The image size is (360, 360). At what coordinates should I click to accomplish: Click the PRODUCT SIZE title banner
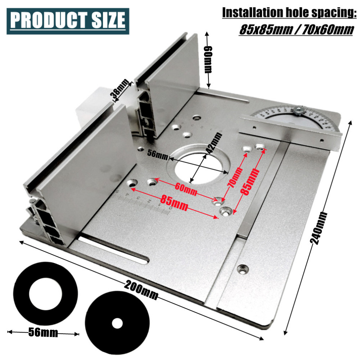coord(68,21)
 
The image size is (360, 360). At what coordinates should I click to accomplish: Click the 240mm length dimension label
coord(319,228)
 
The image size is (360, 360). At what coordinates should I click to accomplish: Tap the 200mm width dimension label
coord(141,291)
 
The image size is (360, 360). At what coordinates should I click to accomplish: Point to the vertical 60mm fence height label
coord(208,59)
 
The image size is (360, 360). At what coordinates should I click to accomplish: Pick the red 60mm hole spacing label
coord(186,189)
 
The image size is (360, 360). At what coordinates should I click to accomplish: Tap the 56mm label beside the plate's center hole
coord(158,154)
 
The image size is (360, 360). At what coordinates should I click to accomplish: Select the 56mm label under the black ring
coord(43,332)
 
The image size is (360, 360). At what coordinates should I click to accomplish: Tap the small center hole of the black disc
coord(117,323)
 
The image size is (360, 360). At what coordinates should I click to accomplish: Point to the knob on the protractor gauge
coord(299,111)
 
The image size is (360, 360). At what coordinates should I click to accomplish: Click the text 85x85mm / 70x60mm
coord(296,30)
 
